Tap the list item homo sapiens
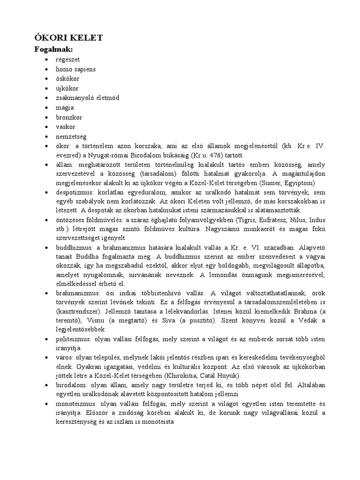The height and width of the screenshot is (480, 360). tap(76, 69)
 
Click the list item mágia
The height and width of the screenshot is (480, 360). tap(65, 107)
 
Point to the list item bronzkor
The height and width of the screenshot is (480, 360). tap(69, 117)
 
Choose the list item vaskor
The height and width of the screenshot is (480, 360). tap(66, 127)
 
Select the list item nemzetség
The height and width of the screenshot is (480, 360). tap(72, 136)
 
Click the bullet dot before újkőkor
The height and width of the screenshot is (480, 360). tap(46, 88)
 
